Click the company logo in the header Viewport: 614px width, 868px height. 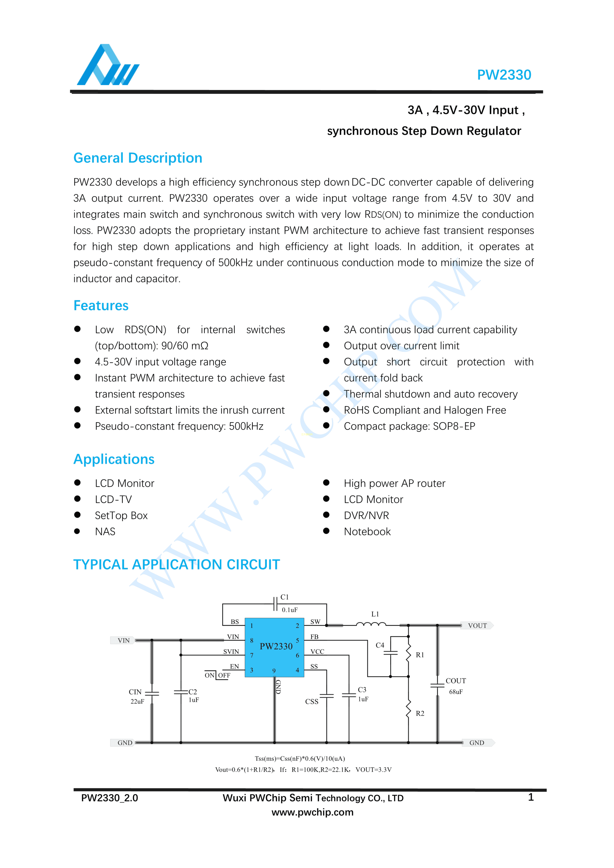coord(108,65)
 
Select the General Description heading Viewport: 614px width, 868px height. coord(138,158)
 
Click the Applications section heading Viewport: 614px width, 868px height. coord(114,459)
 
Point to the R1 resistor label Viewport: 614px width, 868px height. coord(420,655)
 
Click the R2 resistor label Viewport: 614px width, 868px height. coord(420,713)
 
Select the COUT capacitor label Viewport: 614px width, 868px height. coord(455,681)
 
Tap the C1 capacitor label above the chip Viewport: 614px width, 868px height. coord(285,597)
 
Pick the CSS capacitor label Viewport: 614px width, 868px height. coord(312,702)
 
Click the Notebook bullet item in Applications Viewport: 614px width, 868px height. coord(367,532)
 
